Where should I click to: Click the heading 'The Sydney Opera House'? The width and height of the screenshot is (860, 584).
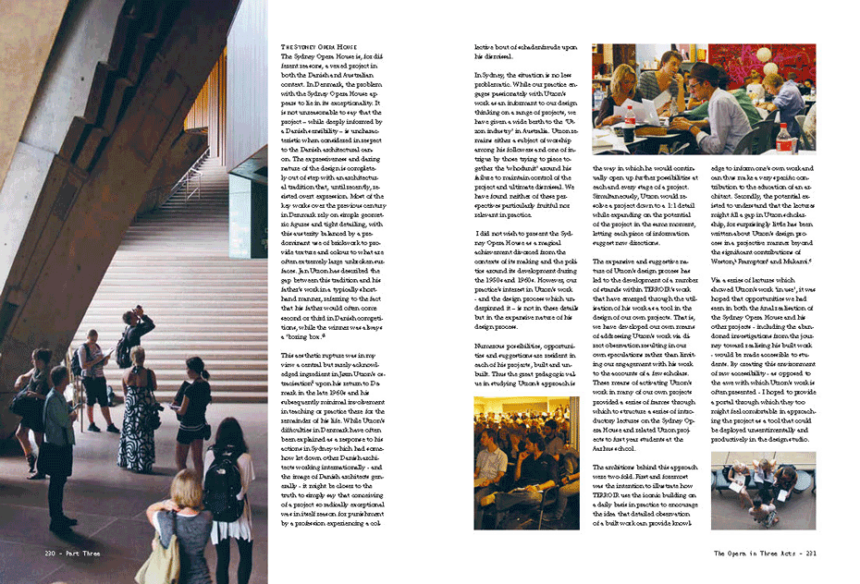tap(319, 46)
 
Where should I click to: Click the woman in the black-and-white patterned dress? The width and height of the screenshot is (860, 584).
tap(137, 404)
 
